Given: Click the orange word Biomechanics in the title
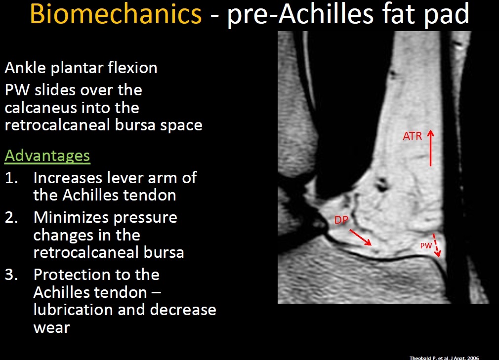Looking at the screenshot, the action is [116, 14].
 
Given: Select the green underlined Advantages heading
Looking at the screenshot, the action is [47, 156].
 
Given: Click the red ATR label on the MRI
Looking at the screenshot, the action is [413, 136].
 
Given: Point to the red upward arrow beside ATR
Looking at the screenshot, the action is [431, 148].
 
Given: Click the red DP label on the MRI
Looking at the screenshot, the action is [341, 220].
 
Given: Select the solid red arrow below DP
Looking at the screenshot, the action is [361, 237].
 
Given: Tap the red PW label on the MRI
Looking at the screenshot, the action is [426, 245].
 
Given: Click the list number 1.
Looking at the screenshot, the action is [11, 178].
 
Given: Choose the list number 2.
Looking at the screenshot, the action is [11, 218].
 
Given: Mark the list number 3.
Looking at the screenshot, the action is [11, 275].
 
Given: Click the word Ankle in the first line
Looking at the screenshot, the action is [25, 68].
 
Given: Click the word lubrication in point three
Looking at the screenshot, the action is [73, 310].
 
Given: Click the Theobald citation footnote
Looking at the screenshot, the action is [444, 358].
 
